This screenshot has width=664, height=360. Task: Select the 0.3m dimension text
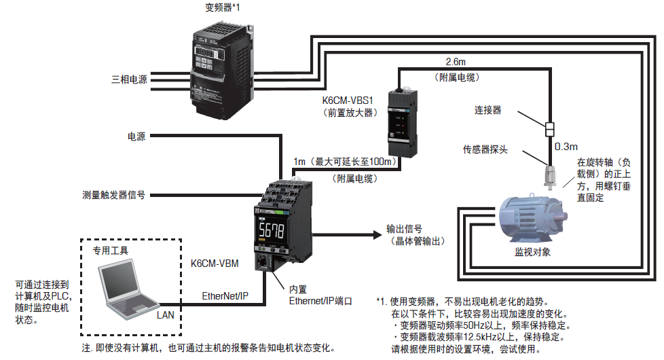coord(566,146)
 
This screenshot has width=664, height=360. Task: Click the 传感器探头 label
coord(485,149)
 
